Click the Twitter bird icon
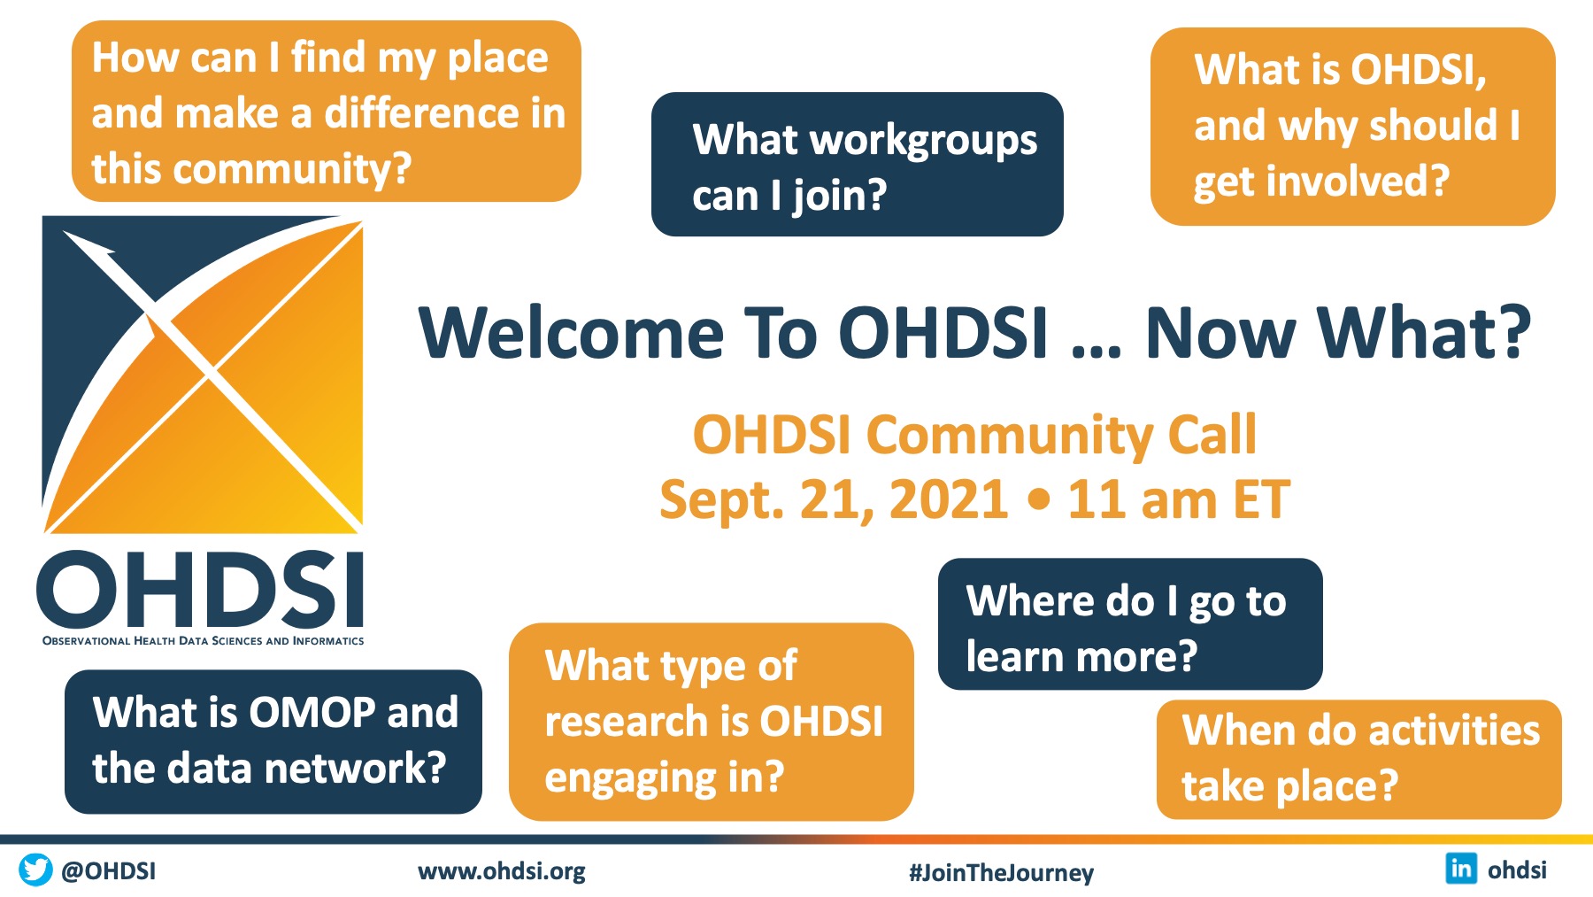35,870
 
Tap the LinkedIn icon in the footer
1461,868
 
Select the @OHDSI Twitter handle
108,871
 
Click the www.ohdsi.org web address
502,871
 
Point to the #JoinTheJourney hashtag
1001,873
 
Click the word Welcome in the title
572,333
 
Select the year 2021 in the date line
948,499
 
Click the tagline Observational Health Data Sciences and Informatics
203,640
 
